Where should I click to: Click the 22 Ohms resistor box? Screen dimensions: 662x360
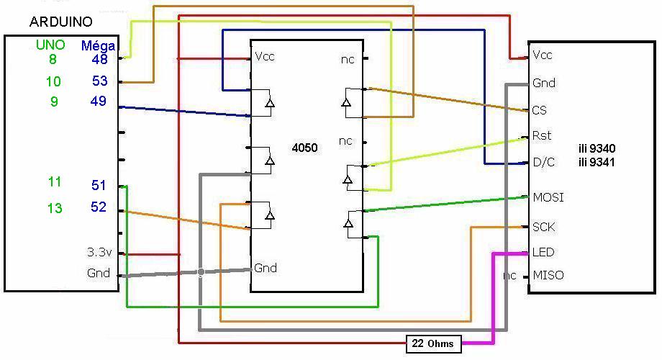point(434,344)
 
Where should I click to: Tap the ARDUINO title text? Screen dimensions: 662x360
point(60,22)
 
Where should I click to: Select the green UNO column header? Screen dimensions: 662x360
point(50,45)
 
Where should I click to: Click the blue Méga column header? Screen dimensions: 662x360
point(98,45)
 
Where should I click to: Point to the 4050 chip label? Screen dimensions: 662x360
point(305,148)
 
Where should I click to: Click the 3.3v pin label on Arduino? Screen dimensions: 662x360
point(99,252)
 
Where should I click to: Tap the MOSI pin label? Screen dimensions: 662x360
point(548,197)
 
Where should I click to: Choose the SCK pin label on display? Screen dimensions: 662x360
point(544,228)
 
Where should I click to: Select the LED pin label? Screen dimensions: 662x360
point(543,252)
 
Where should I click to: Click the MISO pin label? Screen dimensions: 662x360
point(548,276)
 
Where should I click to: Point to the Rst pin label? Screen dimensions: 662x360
point(542,135)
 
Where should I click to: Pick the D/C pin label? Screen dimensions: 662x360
point(545,162)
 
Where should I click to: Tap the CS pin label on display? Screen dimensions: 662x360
point(540,110)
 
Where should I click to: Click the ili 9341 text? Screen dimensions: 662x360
point(597,162)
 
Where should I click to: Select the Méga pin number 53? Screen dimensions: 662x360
point(99,81)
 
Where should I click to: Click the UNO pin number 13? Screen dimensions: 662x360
point(55,208)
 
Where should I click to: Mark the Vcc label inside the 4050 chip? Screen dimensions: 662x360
point(265,57)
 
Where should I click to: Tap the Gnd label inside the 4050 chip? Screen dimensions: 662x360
point(265,268)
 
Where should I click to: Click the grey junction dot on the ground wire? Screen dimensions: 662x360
point(201,273)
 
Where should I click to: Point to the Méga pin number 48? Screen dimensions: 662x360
point(99,59)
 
